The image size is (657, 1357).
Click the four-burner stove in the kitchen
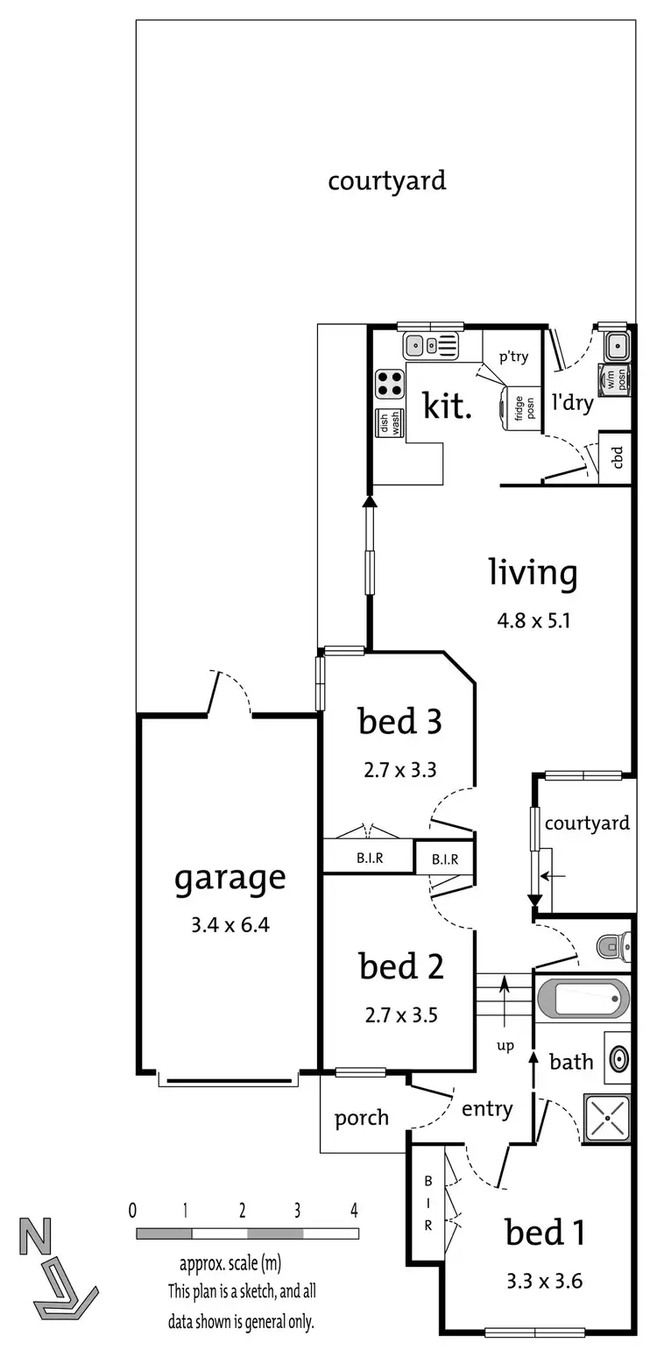pos(390,384)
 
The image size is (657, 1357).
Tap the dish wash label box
pos(390,424)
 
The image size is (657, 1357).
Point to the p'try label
pos(513,357)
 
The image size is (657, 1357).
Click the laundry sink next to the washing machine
pos(617,344)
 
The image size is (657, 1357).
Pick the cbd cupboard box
pos(617,456)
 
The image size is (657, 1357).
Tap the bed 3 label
pos(399,723)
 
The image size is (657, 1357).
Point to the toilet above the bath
pos(613,945)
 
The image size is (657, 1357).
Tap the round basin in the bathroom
pos(618,1058)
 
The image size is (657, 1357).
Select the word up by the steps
pos(505,1045)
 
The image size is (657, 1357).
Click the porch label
pos(361,1119)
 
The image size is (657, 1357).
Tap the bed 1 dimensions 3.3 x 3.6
pos(545,1282)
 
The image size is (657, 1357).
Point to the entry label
pos(487,1109)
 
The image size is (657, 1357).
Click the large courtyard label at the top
pos(386,181)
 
